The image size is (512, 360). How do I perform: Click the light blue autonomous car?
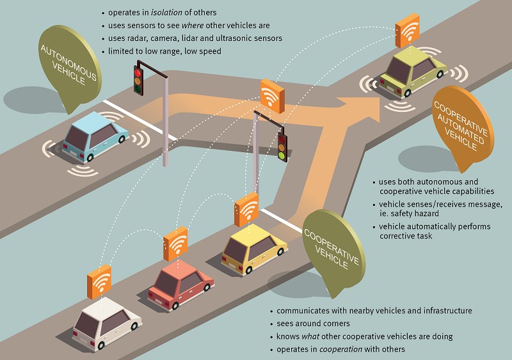(x=95, y=137)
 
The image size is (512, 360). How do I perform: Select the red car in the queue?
(x=180, y=284)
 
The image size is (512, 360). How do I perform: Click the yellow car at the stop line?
(x=254, y=249)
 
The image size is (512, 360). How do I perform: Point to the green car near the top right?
(x=413, y=72)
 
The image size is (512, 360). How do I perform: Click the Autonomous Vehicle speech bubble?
(x=69, y=68)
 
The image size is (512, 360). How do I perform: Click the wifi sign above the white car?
(x=99, y=282)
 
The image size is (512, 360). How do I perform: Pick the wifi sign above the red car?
(x=175, y=244)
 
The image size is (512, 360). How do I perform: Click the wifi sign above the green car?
(x=408, y=31)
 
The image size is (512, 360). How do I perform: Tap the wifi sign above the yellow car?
(x=246, y=210)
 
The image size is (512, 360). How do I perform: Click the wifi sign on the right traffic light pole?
(x=273, y=97)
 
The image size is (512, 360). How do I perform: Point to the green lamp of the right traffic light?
(x=282, y=155)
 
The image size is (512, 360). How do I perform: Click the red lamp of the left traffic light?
(x=138, y=72)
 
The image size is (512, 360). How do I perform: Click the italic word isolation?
(x=166, y=12)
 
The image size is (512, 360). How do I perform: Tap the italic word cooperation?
(x=340, y=349)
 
